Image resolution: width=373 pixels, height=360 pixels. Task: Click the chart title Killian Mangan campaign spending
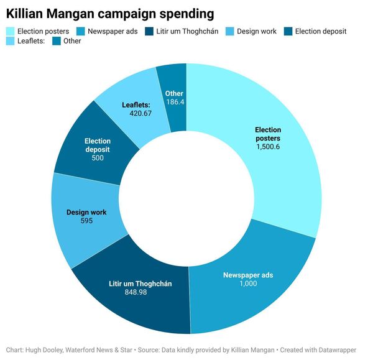point(111,13)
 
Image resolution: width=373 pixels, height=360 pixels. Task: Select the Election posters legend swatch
point(11,31)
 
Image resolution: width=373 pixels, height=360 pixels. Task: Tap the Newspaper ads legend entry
point(107,31)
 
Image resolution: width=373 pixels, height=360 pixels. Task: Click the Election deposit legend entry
point(320,31)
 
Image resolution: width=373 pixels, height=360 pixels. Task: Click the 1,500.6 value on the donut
point(268,147)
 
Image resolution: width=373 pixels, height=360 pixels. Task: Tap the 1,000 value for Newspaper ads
point(247,284)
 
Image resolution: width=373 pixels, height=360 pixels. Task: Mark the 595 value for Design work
point(86,221)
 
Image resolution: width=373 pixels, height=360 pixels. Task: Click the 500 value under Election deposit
point(98,158)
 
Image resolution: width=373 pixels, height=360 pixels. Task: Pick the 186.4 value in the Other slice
point(174,101)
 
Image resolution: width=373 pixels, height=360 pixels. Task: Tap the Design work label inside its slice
point(86,212)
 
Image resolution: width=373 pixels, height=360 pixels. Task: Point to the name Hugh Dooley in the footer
point(47,350)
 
